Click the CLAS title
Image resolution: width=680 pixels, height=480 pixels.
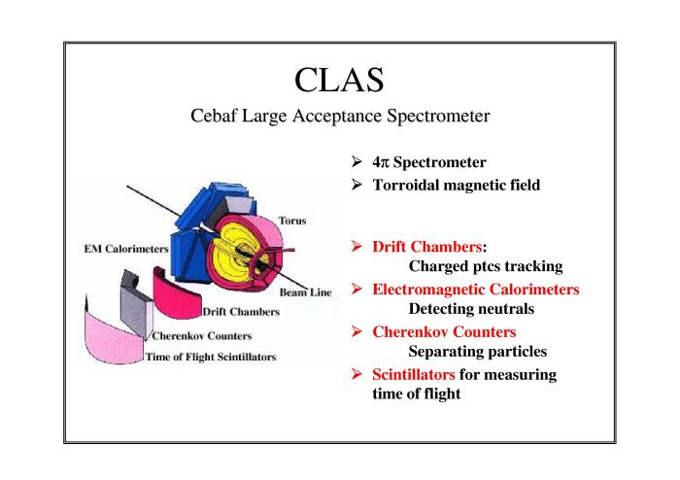[x=339, y=80]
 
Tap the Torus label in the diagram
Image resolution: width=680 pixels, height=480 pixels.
[x=292, y=221]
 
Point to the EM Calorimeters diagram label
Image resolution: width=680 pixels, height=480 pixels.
[x=126, y=249]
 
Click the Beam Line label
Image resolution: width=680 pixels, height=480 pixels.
[x=305, y=292]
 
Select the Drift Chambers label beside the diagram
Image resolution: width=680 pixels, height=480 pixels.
[x=241, y=312]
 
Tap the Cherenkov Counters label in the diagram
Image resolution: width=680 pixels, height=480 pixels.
[x=202, y=336]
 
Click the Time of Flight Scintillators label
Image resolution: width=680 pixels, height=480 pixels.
[x=211, y=357]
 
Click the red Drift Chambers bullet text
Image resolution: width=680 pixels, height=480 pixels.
[x=427, y=247]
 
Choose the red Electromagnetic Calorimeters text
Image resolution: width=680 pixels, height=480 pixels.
[x=476, y=290]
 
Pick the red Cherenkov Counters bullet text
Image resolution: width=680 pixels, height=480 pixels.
[x=444, y=331]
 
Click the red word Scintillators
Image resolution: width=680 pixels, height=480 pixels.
[x=413, y=374]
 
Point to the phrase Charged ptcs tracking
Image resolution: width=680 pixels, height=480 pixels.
[x=486, y=266]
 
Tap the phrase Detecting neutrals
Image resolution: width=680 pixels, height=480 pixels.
[x=471, y=309]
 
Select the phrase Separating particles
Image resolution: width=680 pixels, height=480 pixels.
[x=478, y=351]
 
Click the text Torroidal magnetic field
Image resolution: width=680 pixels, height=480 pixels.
[x=457, y=186]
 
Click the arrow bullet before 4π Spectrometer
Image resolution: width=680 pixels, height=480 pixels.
[x=357, y=161]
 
